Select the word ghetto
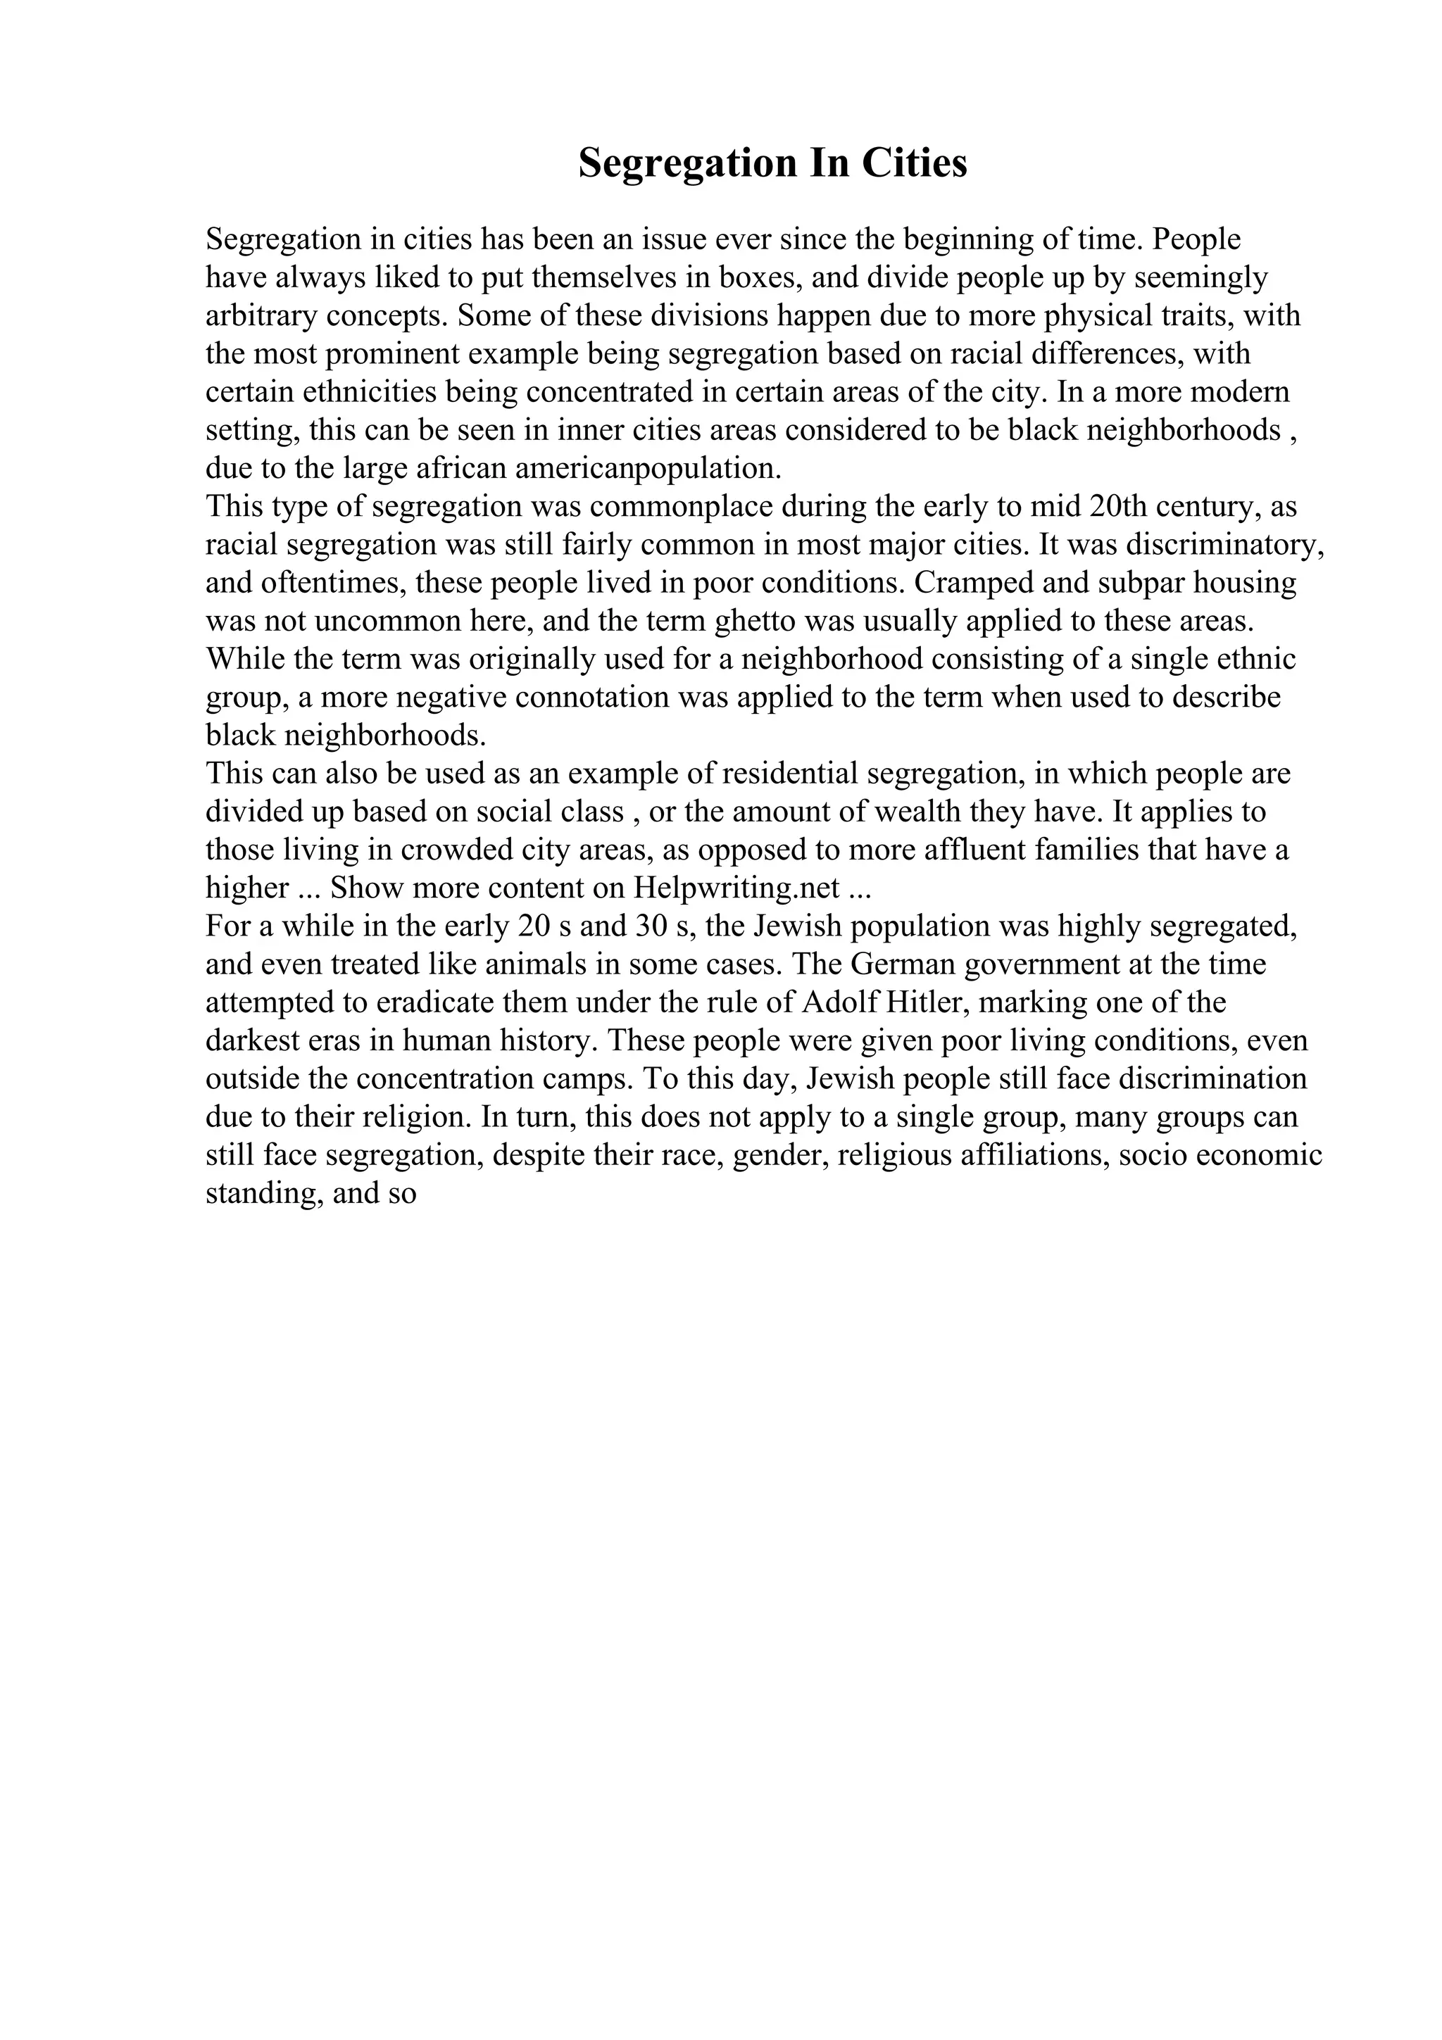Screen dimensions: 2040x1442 coord(754,621)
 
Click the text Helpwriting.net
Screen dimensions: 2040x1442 coord(736,888)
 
